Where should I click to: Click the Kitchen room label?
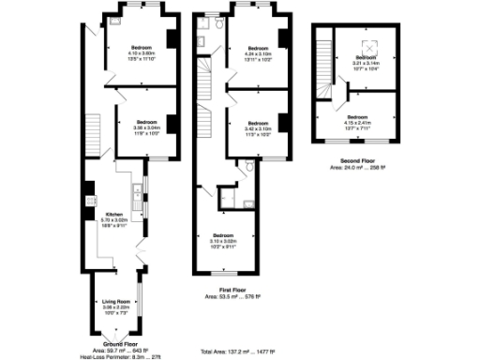(x=114, y=214)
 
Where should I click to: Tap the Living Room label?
(x=114, y=301)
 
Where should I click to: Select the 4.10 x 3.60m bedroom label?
(x=143, y=47)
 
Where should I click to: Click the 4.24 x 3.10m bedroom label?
(x=259, y=47)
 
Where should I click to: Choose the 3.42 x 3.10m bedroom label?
(x=259, y=122)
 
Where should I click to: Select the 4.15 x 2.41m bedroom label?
(x=357, y=117)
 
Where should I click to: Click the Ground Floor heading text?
(x=113, y=344)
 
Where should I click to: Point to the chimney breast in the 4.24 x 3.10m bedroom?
(x=282, y=37)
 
